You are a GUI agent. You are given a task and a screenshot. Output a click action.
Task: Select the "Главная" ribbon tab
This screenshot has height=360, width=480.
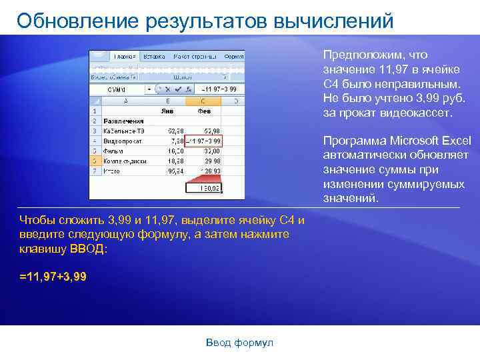125,57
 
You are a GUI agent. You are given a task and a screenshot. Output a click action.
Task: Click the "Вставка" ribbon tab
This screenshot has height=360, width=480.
154,57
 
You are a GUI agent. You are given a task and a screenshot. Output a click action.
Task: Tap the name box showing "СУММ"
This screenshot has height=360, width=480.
117,89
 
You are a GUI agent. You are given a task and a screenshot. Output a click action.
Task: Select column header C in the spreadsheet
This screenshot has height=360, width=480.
204,101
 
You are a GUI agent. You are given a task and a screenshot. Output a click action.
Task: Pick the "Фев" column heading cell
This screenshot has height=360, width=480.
204,111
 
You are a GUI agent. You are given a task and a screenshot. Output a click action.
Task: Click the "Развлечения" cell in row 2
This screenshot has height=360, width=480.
123,121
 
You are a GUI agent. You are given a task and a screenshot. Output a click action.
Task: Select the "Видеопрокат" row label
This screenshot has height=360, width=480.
123,141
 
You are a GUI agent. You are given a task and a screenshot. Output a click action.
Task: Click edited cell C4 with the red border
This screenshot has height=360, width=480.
204,141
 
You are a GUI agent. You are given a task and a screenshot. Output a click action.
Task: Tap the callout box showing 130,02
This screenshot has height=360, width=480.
204,189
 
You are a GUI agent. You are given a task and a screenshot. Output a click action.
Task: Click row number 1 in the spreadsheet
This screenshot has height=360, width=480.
95,111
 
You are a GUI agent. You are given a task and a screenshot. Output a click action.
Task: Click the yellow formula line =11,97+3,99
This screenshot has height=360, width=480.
53,276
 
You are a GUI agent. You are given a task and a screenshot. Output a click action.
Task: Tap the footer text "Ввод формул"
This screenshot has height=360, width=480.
240,343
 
